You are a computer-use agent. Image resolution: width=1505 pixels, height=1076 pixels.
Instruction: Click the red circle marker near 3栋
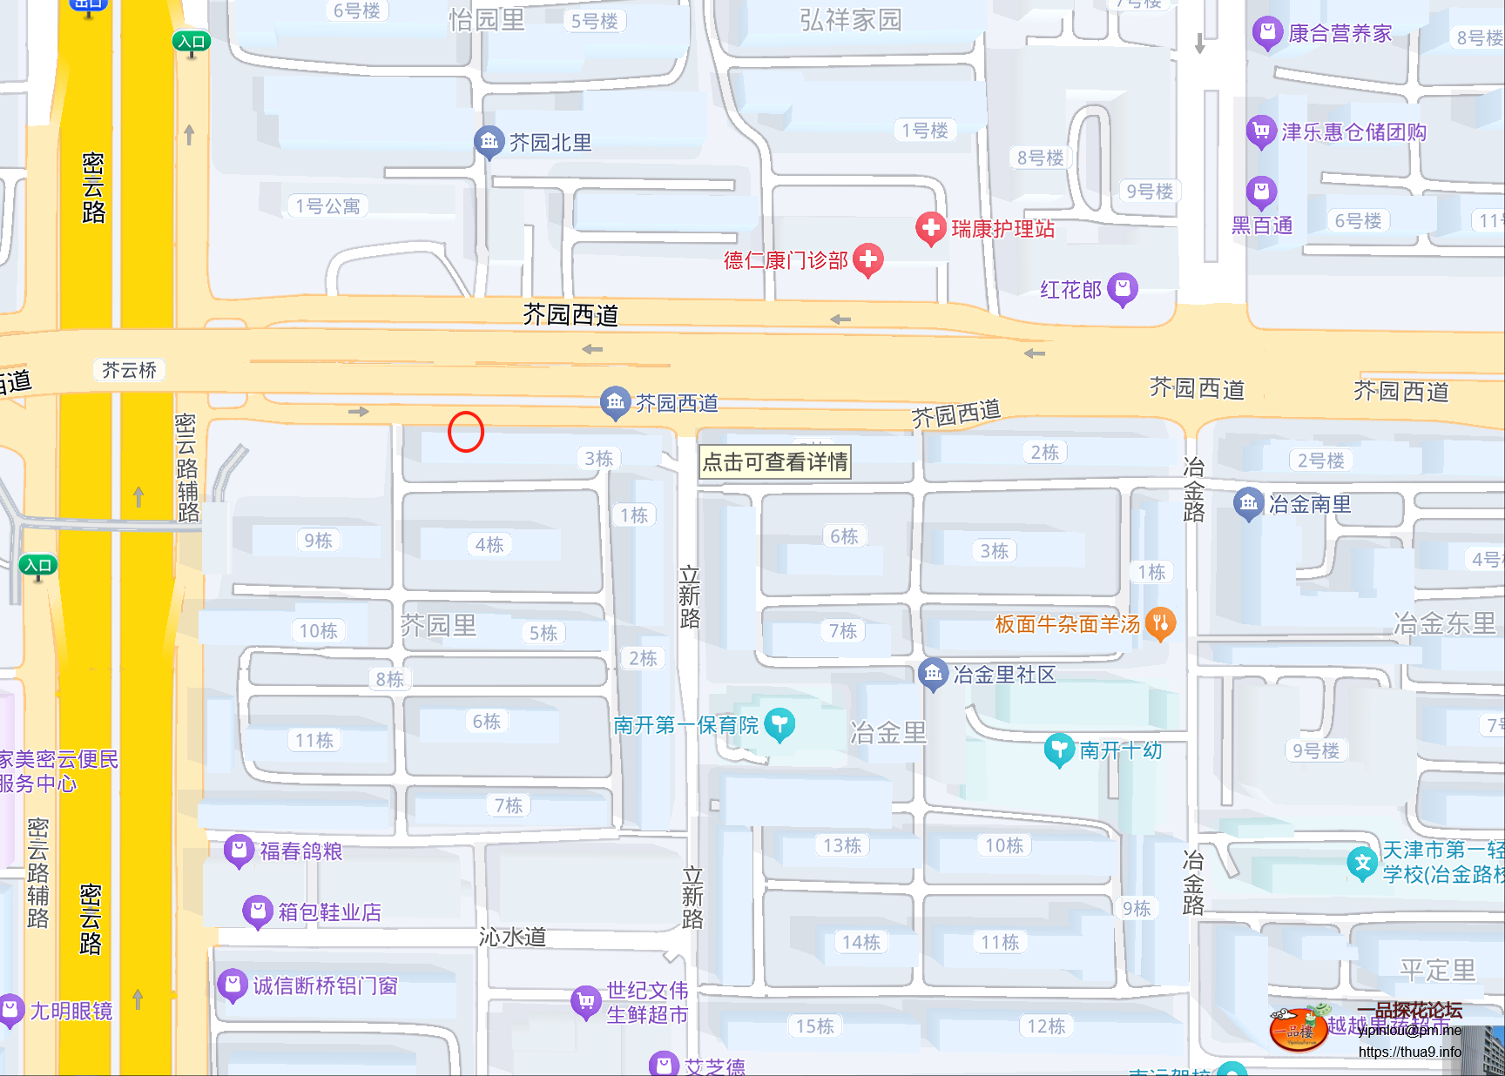click(466, 432)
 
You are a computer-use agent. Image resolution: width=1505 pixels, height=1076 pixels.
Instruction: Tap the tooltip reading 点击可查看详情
click(774, 461)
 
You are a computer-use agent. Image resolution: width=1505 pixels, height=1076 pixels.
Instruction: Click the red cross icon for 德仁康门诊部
click(867, 259)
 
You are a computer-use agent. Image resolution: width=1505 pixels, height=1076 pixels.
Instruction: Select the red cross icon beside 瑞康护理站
click(930, 228)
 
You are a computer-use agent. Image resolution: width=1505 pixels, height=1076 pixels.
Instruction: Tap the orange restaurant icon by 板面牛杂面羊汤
click(1159, 622)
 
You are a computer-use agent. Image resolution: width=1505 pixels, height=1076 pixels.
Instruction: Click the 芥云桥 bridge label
click(129, 370)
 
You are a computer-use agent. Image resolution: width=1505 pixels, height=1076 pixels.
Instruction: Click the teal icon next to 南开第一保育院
click(779, 723)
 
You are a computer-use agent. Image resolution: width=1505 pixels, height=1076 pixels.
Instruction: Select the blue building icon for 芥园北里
click(489, 141)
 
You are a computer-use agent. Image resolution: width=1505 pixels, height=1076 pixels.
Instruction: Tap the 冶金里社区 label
click(1004, 675)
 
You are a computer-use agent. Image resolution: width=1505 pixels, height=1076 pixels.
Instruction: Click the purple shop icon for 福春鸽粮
click(239, 850)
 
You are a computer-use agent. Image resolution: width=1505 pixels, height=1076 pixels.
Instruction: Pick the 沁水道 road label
click(512, 937)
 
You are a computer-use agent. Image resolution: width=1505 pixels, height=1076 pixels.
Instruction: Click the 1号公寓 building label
click(327, 206)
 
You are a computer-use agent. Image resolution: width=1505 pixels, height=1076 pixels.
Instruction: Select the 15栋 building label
click(814, 1026)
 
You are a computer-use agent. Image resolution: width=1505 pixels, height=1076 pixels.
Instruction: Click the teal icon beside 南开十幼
click(1058, 749)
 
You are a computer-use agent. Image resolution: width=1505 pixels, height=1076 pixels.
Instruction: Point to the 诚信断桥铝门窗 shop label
click(325, 985)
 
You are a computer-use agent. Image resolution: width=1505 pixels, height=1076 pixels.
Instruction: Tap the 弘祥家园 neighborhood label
click(850, 20)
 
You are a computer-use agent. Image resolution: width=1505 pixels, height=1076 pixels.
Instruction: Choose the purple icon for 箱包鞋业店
click(257, 911)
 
